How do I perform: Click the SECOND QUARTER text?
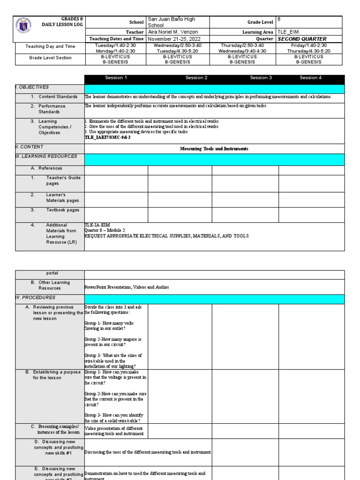click(302, 39)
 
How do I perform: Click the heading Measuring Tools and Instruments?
click(214, 149)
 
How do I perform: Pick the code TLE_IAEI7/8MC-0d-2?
click(107, 137)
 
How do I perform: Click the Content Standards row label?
click(58, 97)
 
